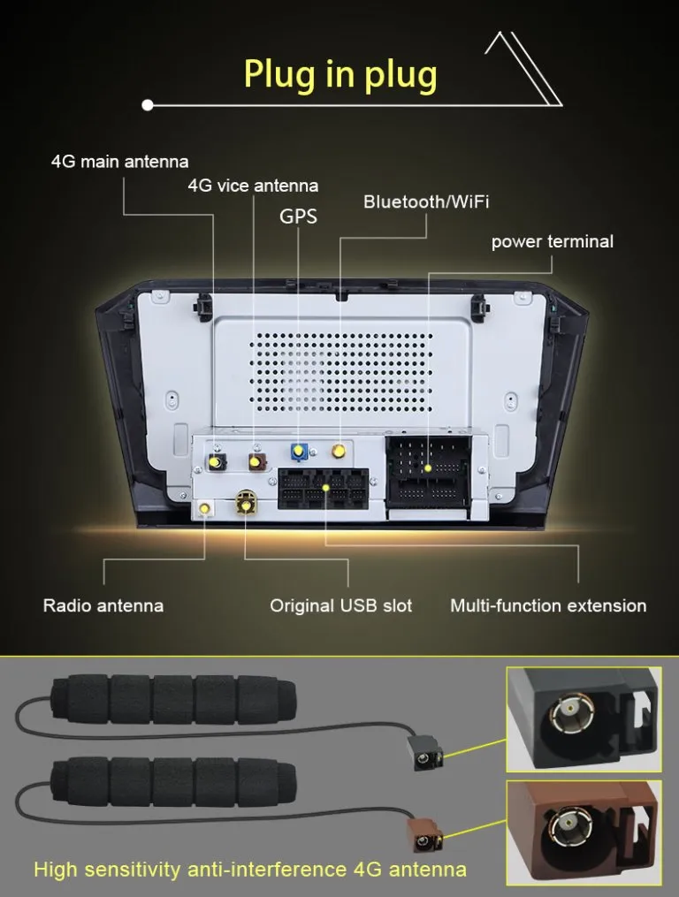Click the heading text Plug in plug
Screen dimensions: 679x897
click(x=340, y=75)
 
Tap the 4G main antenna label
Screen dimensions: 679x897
click(x=119, y=162)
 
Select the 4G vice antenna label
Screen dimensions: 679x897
click(x=253, y=186)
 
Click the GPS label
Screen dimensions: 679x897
click(x=298, y=217)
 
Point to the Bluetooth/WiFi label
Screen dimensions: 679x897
click(x=426, y=201)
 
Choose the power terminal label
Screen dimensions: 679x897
click(x=552, y=241)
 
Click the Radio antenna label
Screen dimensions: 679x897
click(x=103, y=605)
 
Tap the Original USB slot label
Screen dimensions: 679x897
click(x=340, y=605)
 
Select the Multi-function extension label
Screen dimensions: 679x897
click(x=548, y=605)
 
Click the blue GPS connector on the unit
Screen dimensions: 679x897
click(x=299, y=452)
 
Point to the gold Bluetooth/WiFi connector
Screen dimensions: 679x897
click(x=339, y=451)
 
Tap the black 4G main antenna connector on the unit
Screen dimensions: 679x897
click(x=217, y=461)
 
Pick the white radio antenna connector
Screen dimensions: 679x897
click(x=205, y=507)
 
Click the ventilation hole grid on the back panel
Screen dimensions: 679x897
click(x=341, y=372)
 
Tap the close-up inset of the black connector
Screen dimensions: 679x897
click(x=584, y=719)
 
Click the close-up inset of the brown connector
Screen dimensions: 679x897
click(x=584, y=832)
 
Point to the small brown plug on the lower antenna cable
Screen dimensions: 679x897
click(x=424, y=835)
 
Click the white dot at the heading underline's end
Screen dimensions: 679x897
click(x=148, y=104)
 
